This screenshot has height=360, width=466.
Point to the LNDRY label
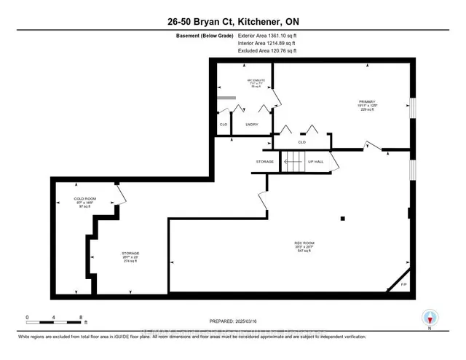253,125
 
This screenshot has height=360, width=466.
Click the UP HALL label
315,161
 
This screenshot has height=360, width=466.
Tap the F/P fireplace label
404,283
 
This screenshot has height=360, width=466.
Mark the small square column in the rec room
343,217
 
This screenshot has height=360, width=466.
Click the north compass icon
430,318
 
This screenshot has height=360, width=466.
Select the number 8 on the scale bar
81,317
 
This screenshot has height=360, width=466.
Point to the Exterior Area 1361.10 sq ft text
267,36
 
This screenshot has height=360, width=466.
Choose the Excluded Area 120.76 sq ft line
267,52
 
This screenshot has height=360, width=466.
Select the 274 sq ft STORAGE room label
131,256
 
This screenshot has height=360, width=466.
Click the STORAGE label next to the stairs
264,161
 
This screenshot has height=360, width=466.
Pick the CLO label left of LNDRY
224,125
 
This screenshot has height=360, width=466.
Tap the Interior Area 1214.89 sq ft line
267,44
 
